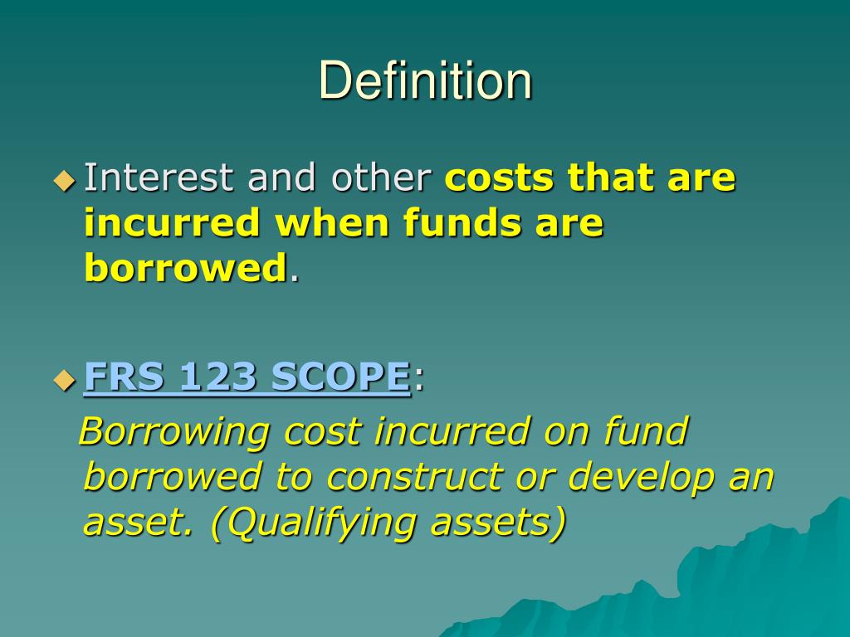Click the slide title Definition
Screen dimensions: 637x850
(425, 81)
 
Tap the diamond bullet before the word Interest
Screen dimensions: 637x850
(63, 179)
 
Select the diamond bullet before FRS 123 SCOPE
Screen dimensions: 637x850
(63, 381)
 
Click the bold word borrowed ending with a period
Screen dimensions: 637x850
(184, 268)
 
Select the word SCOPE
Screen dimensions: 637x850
(340, 377)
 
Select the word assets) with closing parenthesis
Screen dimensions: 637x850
(509, 523)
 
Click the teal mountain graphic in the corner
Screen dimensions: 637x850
(747, 581)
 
